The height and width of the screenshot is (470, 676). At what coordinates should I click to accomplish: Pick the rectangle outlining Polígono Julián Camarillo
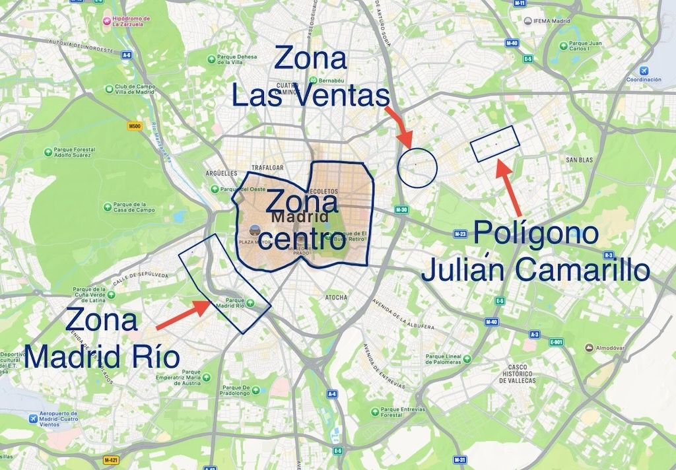point(494,142)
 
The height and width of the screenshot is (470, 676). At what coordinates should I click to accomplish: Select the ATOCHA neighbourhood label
point(336,298)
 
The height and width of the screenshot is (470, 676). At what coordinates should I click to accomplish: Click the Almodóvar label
point(608,347)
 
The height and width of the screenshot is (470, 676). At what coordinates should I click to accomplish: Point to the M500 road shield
point(136,125)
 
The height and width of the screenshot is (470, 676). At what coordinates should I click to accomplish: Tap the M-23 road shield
point(461,234)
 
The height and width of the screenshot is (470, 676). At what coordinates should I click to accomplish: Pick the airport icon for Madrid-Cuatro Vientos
point(34,419)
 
